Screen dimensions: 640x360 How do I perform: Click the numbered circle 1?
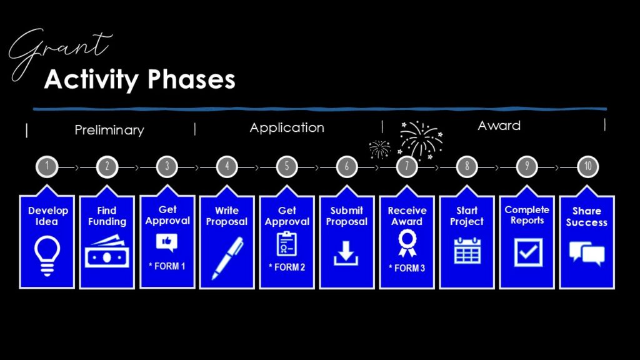47,166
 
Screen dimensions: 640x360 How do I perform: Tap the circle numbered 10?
587,166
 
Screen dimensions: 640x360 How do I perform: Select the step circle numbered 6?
347,166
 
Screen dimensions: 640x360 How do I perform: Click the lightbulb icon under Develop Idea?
47,256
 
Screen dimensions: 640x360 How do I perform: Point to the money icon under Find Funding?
107,251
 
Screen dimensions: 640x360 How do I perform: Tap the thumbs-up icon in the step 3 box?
166,242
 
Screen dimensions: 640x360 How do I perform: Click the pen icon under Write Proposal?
227,259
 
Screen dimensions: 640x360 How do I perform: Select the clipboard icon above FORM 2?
286,244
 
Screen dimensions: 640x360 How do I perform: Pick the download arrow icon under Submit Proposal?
346,254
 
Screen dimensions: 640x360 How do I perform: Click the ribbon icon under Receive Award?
407,243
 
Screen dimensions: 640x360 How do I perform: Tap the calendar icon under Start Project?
467,251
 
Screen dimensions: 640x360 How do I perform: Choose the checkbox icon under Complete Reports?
528,252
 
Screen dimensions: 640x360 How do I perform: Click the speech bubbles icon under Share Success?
587,254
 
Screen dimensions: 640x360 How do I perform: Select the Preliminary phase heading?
109,130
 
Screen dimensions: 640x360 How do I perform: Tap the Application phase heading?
287,127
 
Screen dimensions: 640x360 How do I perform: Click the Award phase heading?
499,125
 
